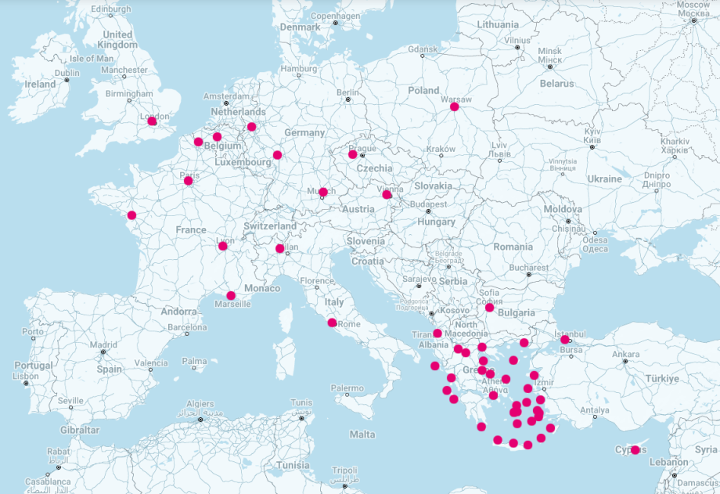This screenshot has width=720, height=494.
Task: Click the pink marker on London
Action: (152, 121)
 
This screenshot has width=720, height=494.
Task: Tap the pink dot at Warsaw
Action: (455, 106)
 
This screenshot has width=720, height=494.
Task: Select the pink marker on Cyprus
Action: (635, 449)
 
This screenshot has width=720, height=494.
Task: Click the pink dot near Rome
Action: (332, 323)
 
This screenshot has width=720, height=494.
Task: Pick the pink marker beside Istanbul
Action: (564, 339)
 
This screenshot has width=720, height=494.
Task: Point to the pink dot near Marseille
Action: (231, 295)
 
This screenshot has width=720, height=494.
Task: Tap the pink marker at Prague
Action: (353, 154)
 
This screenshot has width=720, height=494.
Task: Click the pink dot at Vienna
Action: (387, 194)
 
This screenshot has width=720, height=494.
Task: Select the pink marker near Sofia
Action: (489, 308)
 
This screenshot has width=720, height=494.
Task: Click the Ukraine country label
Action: (604, 179)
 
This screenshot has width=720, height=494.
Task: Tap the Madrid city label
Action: (103, 344)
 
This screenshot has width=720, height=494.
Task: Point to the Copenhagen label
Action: (335, 16)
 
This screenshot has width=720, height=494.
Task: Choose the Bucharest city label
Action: (527, 267)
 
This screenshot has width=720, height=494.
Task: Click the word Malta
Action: (362, 435)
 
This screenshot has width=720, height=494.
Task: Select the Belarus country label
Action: (556, 83)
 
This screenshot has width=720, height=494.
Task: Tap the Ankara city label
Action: (625, 354)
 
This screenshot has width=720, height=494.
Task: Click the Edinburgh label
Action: (110, 9)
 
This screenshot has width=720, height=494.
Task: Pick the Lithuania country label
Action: (498, 24)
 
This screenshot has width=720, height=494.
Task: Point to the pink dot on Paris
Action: (188, 181)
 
